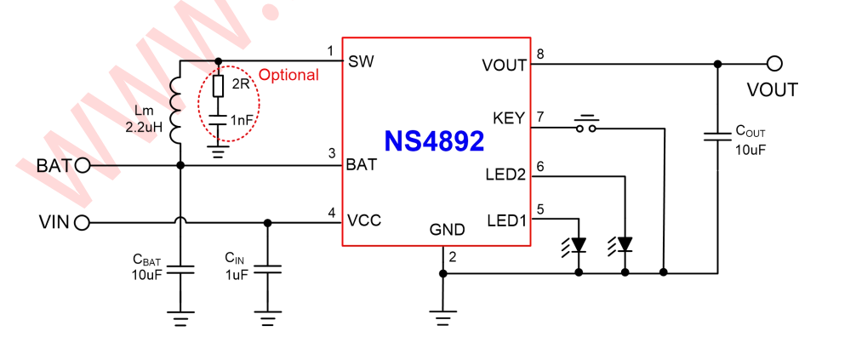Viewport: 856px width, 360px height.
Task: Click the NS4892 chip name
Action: point(434,140)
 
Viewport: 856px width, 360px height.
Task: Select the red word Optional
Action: point(288,75)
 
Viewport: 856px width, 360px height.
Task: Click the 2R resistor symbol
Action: point(218,85)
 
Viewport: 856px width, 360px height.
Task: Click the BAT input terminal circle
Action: point(83,165)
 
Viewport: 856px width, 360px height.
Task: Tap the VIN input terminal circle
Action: point(83,223)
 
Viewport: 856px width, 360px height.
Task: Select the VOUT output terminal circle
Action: point(773,63)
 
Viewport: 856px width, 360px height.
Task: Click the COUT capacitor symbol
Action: point(717,135)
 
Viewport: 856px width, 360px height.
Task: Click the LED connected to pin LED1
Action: point(579,244)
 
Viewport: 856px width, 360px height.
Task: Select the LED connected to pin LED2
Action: point(625,244)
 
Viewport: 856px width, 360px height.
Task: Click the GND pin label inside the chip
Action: point(447,230)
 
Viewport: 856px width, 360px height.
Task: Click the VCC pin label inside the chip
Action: point(363,220)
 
